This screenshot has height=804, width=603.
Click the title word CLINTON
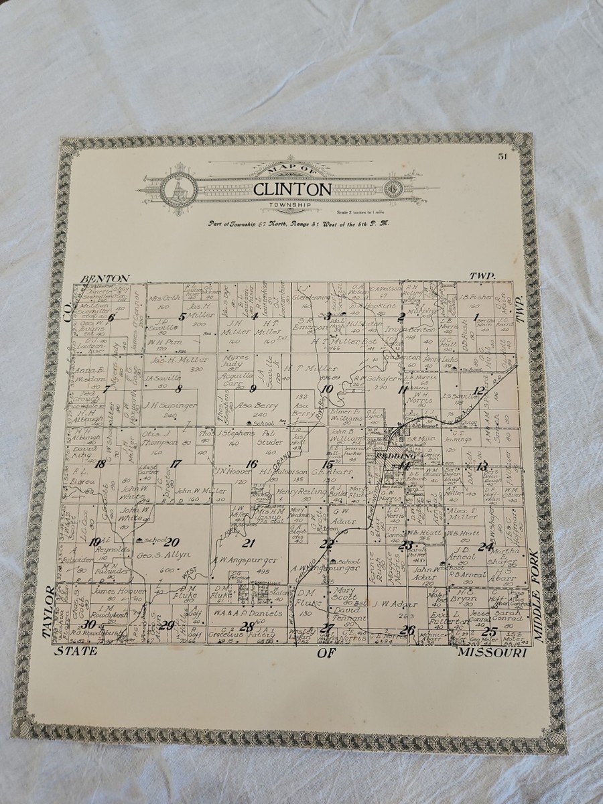292,190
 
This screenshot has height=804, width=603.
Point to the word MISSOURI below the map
493,651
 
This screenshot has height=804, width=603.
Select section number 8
178,388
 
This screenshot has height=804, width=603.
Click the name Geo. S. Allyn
163,555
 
